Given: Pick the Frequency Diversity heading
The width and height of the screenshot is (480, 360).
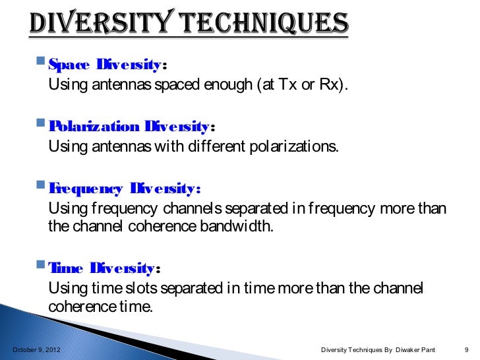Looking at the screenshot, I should point(123,190).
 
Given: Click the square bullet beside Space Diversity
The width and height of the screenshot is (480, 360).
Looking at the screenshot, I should point(42,65).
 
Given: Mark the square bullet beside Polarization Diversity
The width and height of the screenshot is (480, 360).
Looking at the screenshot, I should point(42,125).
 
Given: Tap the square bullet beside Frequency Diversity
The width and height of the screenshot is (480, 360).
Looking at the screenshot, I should point(42,189).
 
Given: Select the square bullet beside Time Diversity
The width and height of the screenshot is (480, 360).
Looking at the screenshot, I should point(42,267).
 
